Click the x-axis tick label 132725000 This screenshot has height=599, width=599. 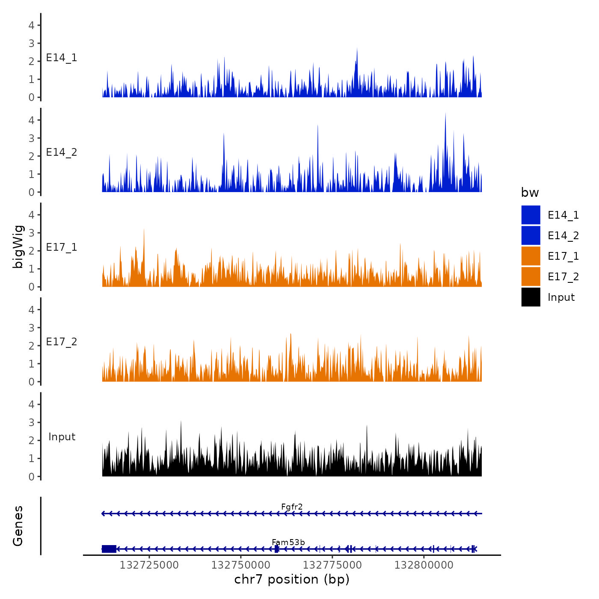149,565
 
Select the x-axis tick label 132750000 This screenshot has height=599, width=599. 241,565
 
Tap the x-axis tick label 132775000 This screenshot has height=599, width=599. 332,565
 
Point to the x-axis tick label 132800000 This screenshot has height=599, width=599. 424,565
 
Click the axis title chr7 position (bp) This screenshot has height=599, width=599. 292,579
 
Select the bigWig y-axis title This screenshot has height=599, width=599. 18,246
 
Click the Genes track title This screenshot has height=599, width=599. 18,526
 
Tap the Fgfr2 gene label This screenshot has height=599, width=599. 292,507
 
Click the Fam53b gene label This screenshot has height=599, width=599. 288,543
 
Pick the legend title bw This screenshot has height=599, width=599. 530,193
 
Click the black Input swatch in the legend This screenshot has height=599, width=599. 531,297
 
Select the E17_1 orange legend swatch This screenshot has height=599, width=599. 531,256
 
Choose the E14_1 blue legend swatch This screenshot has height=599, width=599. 531,215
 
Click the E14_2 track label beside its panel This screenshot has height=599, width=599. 62,152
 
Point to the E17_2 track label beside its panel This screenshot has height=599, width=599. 62,342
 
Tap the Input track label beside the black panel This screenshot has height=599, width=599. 62,437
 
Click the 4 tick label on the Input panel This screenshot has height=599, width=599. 31,404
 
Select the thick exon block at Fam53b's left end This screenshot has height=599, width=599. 109,549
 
